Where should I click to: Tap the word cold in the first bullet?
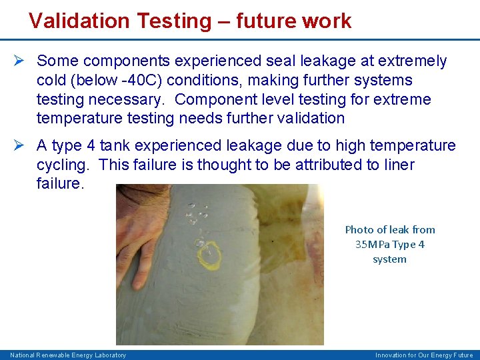(x=53, y=81)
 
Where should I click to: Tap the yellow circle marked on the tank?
(x=209, y=255)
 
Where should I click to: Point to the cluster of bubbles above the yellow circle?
(x=197, y=215)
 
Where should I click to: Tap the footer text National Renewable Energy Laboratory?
(x=68, y=355)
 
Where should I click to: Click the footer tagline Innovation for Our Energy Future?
(x=424, y=355)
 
